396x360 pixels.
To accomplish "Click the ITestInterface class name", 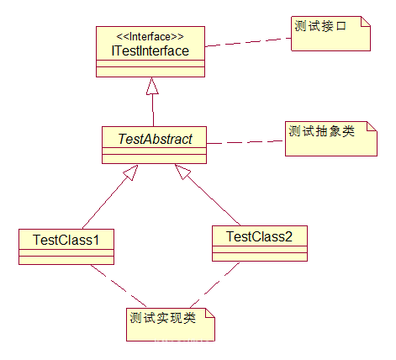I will point(150,51).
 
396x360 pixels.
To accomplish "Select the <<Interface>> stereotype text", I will point(150,37).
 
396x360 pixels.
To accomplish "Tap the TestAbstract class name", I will point(154,137).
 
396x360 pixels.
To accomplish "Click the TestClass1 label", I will point(66,241).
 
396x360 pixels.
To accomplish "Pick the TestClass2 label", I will point(260,236).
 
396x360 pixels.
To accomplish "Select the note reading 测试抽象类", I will point(323,132).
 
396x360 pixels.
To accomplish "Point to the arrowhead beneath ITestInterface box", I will point(151,86).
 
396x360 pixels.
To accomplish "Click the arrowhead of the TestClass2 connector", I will point(182,173).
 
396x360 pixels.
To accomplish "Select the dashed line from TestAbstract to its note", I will point(246,141).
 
